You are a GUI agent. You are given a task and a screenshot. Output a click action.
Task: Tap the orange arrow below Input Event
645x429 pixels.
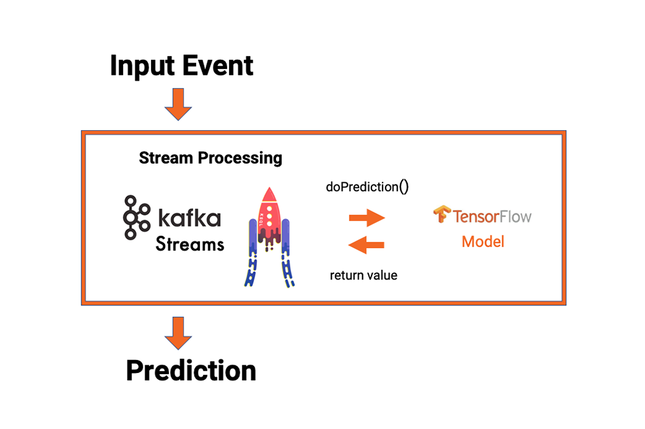click(x=178, y=104)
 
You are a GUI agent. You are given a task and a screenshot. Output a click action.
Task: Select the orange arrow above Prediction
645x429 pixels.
click(x=178, y=332)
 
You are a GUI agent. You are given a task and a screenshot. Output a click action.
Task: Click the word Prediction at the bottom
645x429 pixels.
click(x=191, y=370)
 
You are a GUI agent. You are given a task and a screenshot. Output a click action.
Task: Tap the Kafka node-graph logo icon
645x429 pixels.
click(x=134, y=217)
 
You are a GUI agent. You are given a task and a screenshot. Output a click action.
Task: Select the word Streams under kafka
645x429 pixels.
click(x=190, y=244)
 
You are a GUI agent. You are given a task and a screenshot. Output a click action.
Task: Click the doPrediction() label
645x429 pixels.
click(x=368, y=187)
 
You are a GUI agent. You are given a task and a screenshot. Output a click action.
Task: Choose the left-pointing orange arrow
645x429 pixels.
click(x=366, y=244)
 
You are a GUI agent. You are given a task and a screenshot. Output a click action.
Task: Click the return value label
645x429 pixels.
click(x=364, y=276)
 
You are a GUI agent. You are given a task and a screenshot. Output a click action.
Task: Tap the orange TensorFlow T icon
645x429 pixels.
click(x=442, y=215)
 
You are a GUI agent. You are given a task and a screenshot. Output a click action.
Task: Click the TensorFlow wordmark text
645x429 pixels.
click(x=492, y=216)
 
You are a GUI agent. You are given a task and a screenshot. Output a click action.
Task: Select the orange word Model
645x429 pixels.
click(x=483, y=242)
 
